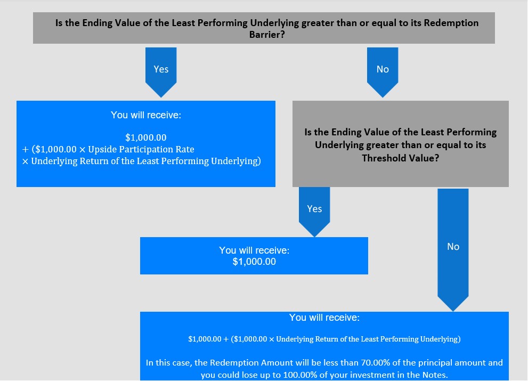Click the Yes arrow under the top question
tap(161, 72)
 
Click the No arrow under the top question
tap(383, 72)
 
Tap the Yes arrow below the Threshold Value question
tap(314, 212)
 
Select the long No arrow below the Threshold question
tap(453, 249)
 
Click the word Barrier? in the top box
tap(267, 35)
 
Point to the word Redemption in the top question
tap(451, 23)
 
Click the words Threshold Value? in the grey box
tap(400, 158)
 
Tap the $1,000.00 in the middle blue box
tap(254, 262)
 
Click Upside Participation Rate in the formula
tap(141, 149)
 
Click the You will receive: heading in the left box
tap(146, 115)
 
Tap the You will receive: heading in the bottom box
tap(324, 318)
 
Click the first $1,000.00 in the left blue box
tap(146, 137)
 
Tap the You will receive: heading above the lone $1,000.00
tap(254, 250)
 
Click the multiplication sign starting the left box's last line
tap(25, 161)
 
